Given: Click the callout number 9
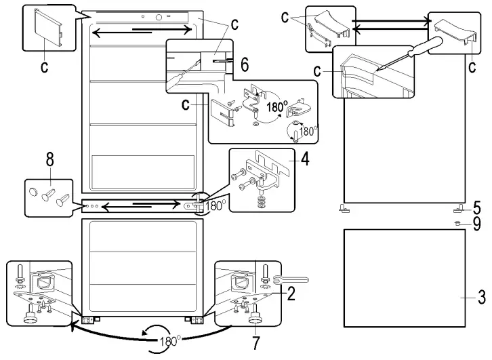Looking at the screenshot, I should [477, 222].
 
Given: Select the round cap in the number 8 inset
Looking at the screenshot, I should [33, 191].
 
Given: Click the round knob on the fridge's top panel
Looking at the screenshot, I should [159, 18].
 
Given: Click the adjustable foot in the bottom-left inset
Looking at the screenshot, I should [31, 315].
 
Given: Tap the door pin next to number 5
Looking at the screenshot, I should [459, 207].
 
